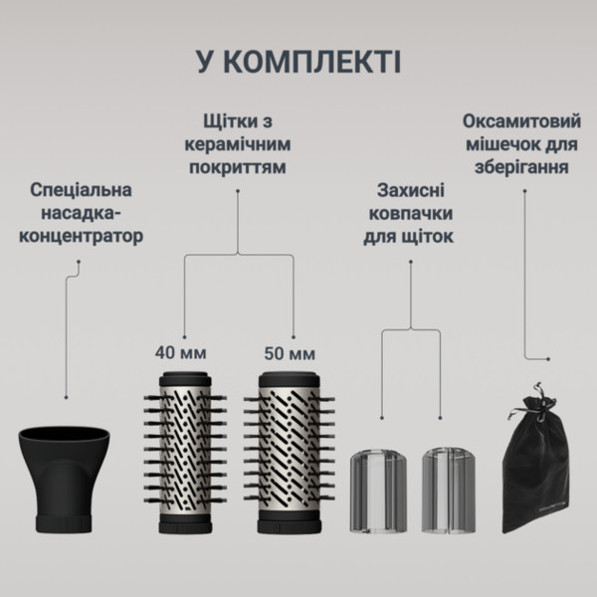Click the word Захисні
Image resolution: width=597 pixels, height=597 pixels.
coord(416,189)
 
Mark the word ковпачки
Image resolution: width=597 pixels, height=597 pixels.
coord(416,213)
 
